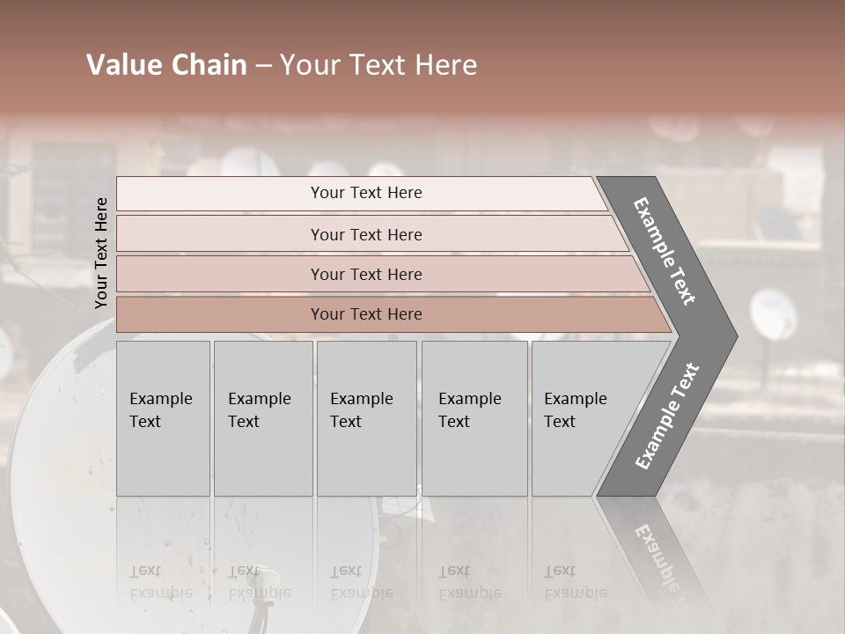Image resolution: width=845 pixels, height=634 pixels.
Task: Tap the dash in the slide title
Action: (x=263, y=66)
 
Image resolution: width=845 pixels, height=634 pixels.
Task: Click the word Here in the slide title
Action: (x=444, y=65)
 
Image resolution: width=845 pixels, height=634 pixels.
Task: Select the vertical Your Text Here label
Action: (x=102, y=254)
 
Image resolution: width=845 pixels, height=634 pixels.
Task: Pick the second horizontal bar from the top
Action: (x=366, y=234)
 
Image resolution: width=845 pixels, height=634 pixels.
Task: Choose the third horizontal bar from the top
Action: (x=366, y=274)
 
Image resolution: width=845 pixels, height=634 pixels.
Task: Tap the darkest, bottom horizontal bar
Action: (x=366, y=314)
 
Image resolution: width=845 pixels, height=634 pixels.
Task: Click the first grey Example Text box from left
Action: (x=163, y=418)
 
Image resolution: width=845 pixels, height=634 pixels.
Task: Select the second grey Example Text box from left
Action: (x=262, y=418)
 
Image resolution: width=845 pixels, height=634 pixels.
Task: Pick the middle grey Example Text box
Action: (x=366, y=418)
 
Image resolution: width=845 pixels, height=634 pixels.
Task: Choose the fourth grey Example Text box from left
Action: (x=474, y=418)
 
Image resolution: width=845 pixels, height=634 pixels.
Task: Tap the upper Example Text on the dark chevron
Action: (x=665, y=251)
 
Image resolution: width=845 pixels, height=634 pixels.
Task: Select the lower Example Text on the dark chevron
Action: (x=667, y=416)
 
